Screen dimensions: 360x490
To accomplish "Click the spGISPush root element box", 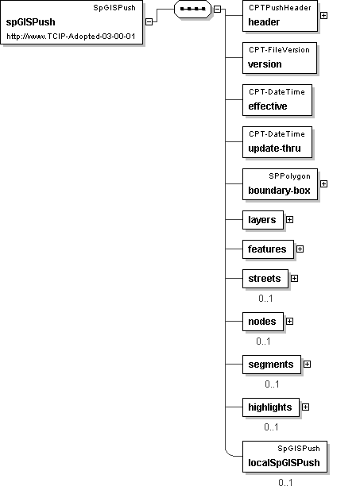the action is coord(72,22).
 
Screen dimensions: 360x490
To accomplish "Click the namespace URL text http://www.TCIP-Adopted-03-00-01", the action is coord(71,37).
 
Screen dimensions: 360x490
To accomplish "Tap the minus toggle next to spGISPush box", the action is coord(149,22).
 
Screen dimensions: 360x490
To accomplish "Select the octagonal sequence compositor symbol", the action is coord(192,10).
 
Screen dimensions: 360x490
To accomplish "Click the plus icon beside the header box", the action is coord(324,15).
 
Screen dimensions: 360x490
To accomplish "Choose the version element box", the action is coord(280,58).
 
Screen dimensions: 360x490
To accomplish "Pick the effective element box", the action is coord(277,100).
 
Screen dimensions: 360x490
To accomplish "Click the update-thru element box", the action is coord(277,142).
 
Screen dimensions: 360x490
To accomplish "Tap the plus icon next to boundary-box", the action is coord(324,183).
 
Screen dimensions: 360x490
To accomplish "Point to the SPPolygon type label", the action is coord(289,176).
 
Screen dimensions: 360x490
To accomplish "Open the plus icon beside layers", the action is coord(290,220).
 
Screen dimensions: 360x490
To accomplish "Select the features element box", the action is coord(268,249).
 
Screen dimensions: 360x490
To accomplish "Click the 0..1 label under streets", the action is coord(265,299).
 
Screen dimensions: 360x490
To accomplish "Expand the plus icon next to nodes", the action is coord(290,322).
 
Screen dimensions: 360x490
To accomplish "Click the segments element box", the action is coord(272,365).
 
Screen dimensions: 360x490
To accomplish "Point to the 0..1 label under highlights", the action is coord(271,427).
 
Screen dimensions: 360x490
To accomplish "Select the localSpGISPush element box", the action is coord(285,457).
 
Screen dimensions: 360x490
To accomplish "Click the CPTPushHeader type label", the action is coord(280,8).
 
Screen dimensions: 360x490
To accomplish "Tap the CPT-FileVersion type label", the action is coord(279,50).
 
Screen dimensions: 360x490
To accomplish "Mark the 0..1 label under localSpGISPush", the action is coord(285,483).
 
